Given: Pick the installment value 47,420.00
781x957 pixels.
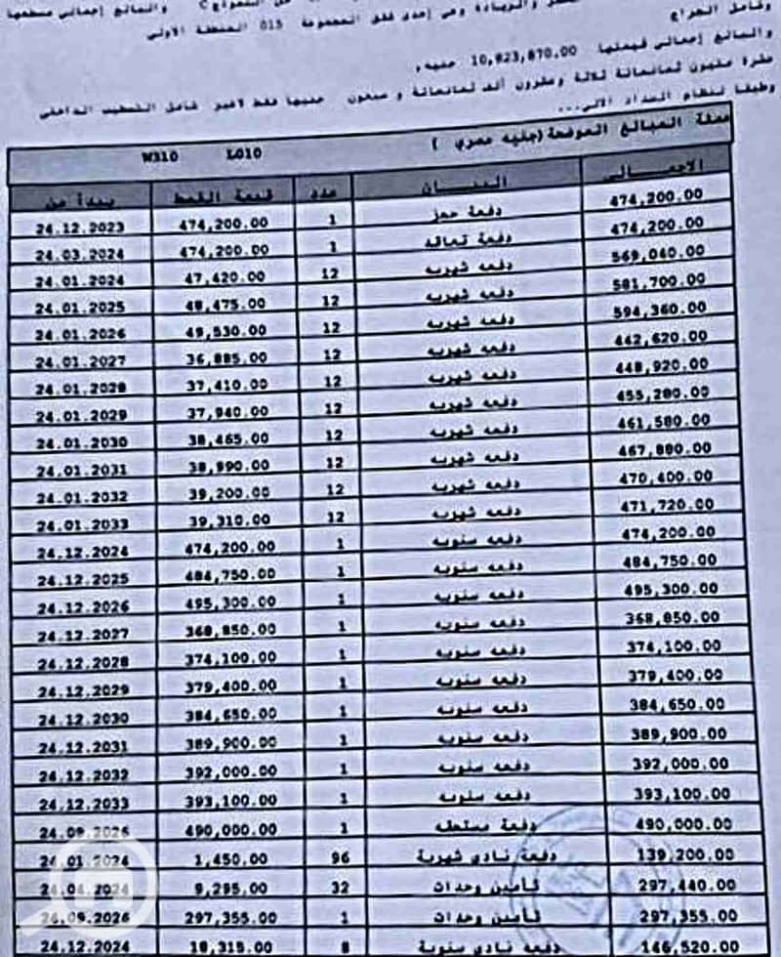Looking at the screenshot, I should (224, 278).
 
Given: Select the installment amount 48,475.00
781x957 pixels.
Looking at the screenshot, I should (224, 305).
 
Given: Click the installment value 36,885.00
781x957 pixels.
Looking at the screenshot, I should (224, 359).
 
